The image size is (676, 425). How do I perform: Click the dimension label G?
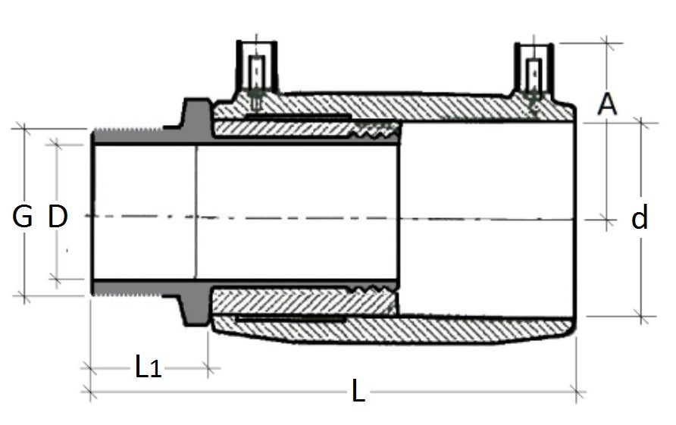click(x=23, y=217)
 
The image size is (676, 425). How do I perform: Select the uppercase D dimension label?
click(x=58, y=217)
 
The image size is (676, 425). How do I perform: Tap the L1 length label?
click(x=149, y=368)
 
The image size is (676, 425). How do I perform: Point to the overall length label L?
click(x=358, y=392)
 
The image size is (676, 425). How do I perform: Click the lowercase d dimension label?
click(x=640, y=219)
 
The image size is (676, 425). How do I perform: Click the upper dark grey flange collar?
click(x=195, y=115)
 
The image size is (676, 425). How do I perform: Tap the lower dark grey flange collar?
click(x=195, y=310)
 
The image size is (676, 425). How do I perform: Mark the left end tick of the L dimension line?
click(x=92, y=392)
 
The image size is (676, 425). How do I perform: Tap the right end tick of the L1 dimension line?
click(x=209, y=368)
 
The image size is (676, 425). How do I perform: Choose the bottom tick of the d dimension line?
click(x=643, y=317)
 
